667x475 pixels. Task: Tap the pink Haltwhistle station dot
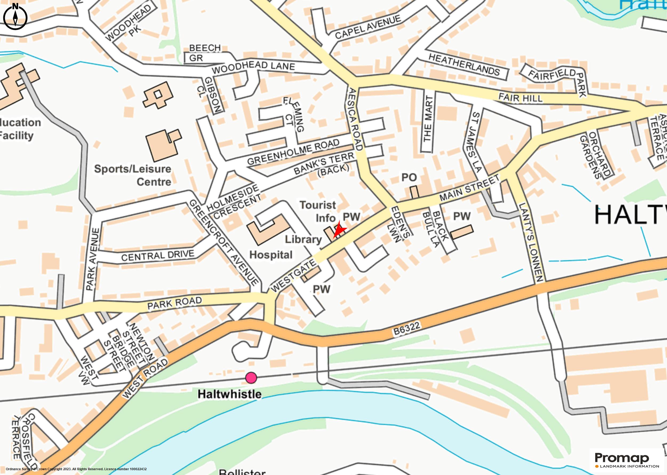[x=251, y=378]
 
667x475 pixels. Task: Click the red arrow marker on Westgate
[x=339, y=230]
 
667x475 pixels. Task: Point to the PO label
[x=409, y=177]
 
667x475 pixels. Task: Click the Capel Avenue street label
[x=368, y=27]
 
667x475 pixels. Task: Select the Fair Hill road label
[x=520, y=98]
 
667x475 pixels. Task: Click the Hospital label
[x=271, y=255]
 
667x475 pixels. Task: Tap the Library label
[x=303, y=239]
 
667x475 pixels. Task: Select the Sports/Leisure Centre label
[x=133, y=175]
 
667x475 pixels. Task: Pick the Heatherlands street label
[x=464, y=65]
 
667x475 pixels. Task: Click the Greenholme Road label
[x=293, y=152]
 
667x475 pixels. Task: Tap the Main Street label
[x=470, y=188]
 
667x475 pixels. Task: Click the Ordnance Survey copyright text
[x=76, y=469]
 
